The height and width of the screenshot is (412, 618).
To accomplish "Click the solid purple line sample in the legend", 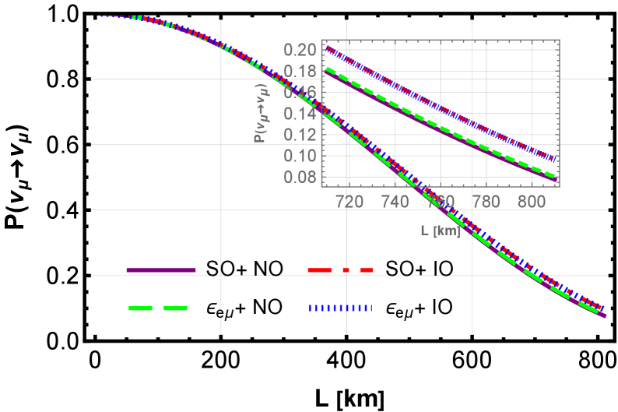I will coord(161,269).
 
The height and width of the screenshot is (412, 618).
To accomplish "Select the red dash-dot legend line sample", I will coord(340,269).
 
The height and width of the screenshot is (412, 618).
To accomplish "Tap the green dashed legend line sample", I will coord(158,308).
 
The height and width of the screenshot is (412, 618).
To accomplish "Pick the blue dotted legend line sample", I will coord(339,308).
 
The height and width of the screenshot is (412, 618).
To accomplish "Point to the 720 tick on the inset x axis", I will coord(349,202).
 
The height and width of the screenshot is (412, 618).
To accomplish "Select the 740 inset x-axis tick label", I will coord(395,202).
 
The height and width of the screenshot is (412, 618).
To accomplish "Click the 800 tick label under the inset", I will coord(532,202).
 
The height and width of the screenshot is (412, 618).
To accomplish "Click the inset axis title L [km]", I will coord(441,231).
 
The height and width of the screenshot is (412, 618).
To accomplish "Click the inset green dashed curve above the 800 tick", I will coord(532,162).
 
